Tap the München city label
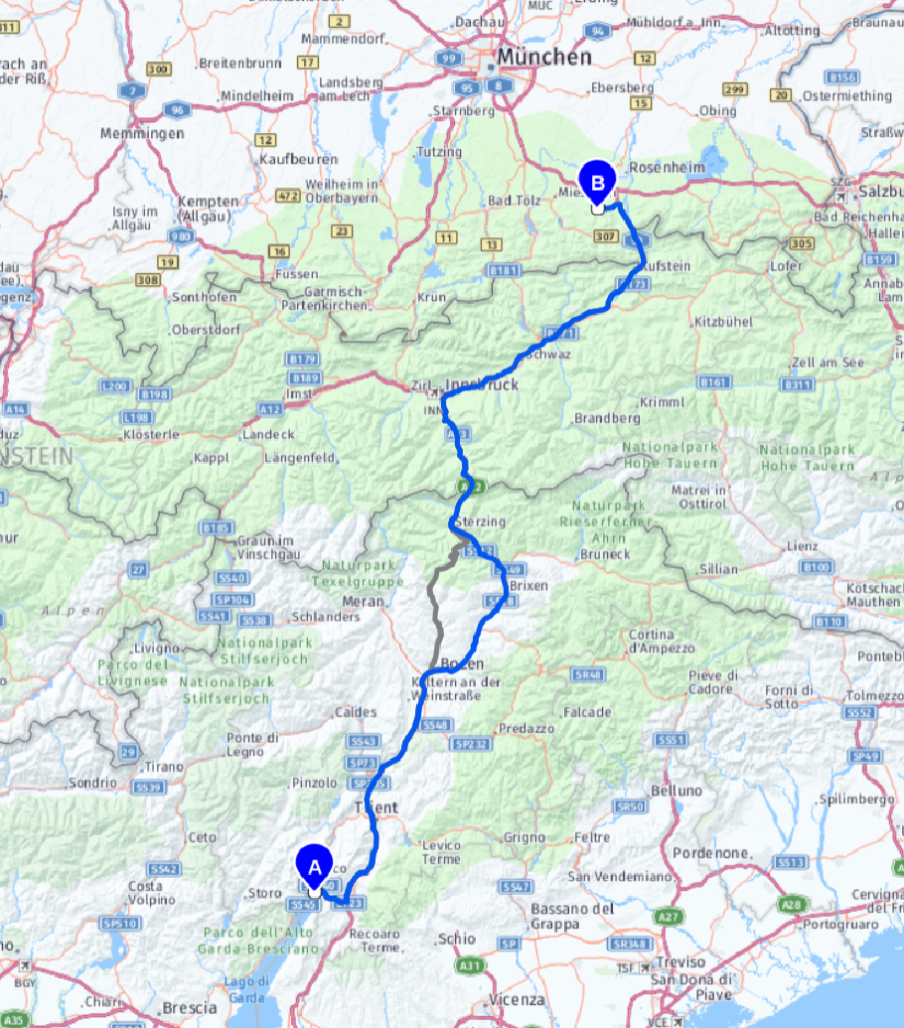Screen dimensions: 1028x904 (545, 58)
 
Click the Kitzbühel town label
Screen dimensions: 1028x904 (724, 322)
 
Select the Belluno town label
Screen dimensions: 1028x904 (677, 791)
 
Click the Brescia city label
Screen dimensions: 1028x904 (189, 1007)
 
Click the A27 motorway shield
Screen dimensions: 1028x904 (671, 917)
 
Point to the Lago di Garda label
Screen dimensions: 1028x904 (248, 989)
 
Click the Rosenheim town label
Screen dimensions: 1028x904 (667, 169)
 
